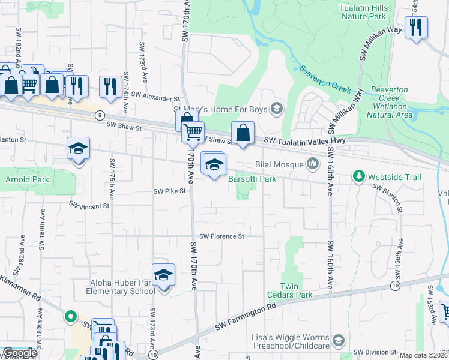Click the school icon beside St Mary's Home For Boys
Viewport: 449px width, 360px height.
(x=276, y=108)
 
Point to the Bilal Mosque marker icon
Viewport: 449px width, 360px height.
(x=313, y=163)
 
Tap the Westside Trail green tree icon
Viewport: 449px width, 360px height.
(x=359, y=176)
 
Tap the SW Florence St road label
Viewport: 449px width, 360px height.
(x=221, y=236)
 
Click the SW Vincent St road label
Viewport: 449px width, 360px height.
(x=89, y=205)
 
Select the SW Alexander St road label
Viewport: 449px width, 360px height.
(x=155, y=95)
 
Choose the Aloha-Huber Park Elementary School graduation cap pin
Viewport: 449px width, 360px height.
(x=163, y=275)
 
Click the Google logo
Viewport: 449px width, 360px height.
(x=19, y=353)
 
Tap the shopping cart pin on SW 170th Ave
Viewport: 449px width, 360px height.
(x=193, y=132)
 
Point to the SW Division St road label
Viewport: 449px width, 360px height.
(x=375, y=352)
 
